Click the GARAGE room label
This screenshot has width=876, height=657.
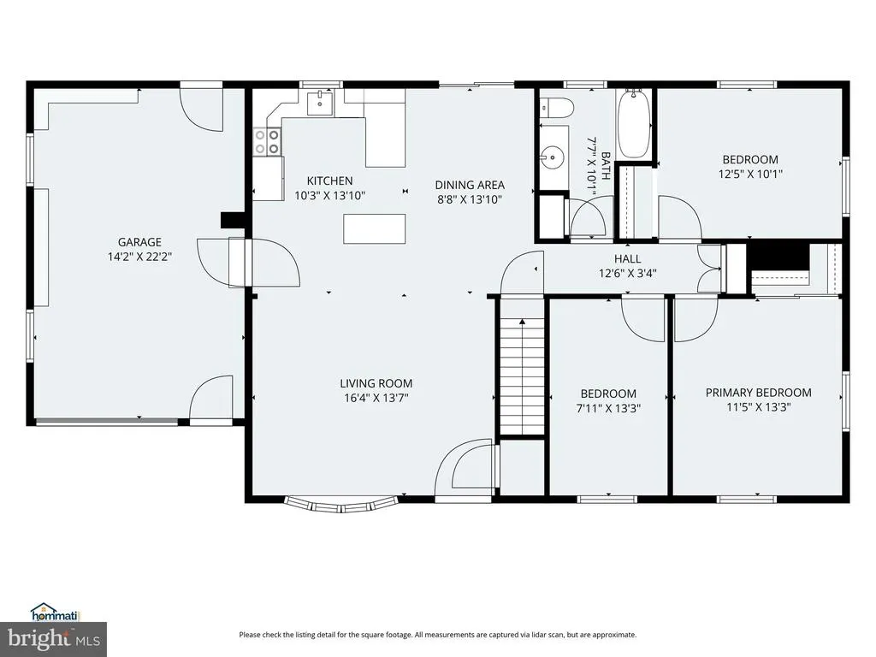click(x=139, y=242)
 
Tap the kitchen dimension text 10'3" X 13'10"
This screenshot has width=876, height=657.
click(x=329, y=196)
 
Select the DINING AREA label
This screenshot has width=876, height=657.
click(x=470, y=185)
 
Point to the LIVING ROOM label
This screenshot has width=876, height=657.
click(x=376, y=383)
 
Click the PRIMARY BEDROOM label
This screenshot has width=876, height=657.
click(x=758, y=393)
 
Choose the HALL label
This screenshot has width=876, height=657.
click(x=627, y=258)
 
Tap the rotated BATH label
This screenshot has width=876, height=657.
click(x=606, y=166)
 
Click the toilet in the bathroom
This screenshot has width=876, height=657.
click(x=556, y=107)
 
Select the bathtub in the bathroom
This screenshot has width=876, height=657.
click(x=634, y=124)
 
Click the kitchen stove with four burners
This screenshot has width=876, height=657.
click(x=266, y=142)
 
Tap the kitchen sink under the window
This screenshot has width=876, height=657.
click(x=320, y=104)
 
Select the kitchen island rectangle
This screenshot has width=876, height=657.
click(x=375, y=229)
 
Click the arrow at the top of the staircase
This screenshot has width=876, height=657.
click(x=523, y=322)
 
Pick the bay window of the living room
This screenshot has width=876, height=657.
click(x=341, y=505)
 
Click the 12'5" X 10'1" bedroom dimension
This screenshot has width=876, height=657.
click(x=749, y=175)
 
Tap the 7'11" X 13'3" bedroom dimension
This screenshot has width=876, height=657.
click(x=608, y=408)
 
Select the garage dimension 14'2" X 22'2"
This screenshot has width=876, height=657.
click(x=139, y=257)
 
